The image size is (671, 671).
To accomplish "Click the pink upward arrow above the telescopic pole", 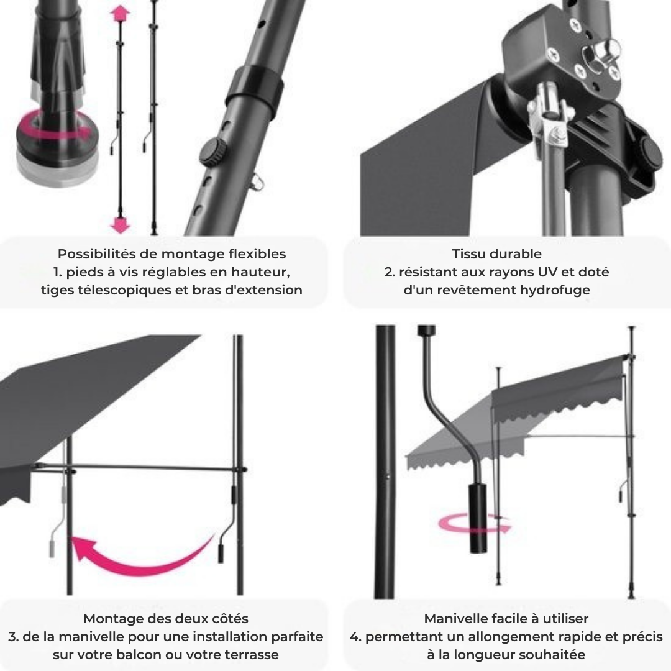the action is click(120, 14).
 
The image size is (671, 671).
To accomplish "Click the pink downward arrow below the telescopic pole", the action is click(120, 224).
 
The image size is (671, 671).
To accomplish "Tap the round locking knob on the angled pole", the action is click(212, 152).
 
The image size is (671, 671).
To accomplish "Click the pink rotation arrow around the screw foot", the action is click(53, 126).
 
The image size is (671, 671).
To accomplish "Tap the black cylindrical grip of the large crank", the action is click(478, 518).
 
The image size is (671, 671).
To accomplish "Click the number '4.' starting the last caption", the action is click(355, 637).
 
